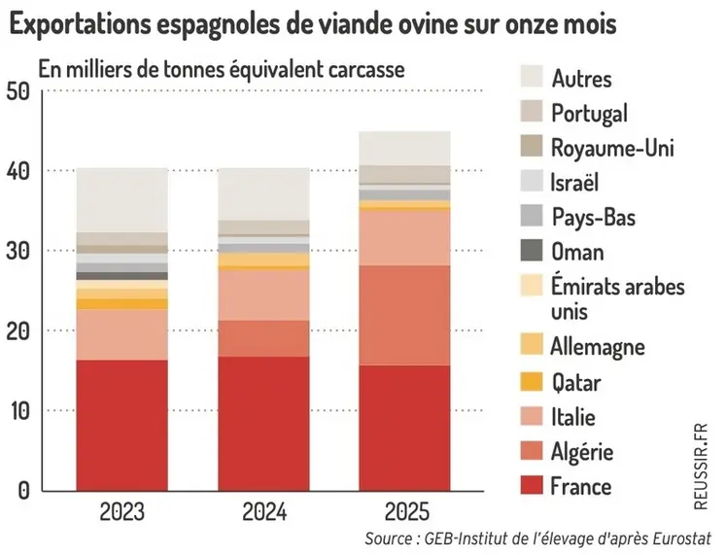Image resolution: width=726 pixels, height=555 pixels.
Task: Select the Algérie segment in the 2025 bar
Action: [405, 315]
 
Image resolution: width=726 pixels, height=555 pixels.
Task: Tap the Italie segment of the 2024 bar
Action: [263, 295]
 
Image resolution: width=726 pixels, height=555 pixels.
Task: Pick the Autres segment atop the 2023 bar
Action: [121, 199]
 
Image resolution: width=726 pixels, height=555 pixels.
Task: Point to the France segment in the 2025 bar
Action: [405, 428]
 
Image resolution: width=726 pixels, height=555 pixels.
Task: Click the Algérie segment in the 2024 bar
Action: [263, 338]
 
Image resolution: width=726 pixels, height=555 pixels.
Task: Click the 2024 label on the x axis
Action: [263, 512]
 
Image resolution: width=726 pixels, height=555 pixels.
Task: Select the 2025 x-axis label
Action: [405, 512]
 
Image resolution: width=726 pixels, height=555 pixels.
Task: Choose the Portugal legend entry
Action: [589, 113]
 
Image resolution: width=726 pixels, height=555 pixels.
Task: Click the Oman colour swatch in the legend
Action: [531, 252]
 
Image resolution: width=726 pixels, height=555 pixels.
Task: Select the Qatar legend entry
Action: [575, 382]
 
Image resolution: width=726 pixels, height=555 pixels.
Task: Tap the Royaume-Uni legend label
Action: [611, 148]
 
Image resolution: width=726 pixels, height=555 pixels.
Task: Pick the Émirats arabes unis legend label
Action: [617, 298]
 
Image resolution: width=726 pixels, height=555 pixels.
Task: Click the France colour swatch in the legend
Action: [531, 486]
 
